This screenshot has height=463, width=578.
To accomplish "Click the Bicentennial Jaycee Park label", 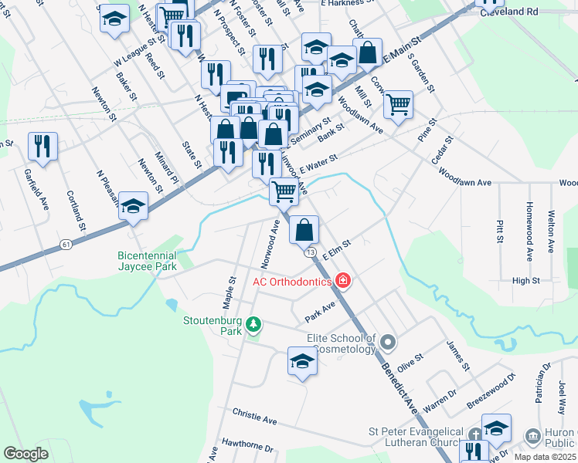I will tap(147, 261).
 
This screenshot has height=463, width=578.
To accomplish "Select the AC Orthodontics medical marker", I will tap(342, 281).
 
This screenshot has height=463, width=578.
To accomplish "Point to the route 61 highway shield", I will tap(67, 244).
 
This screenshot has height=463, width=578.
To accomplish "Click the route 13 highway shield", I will tap(311, 252).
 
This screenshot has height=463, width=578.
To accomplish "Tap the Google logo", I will tap(25, 454).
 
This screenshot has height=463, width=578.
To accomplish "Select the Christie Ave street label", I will tap(254, 419).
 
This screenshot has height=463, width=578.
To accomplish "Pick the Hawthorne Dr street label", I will tap(247, 447).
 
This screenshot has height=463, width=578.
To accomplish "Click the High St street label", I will tap(525, 281).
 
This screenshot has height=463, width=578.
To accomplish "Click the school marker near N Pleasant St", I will tap(134, 205).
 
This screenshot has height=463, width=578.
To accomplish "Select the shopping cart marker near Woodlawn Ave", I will tap(398, 104).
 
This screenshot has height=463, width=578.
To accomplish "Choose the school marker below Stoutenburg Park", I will tap(302, 361).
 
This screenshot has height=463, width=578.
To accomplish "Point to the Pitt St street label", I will tap(498, 228).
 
